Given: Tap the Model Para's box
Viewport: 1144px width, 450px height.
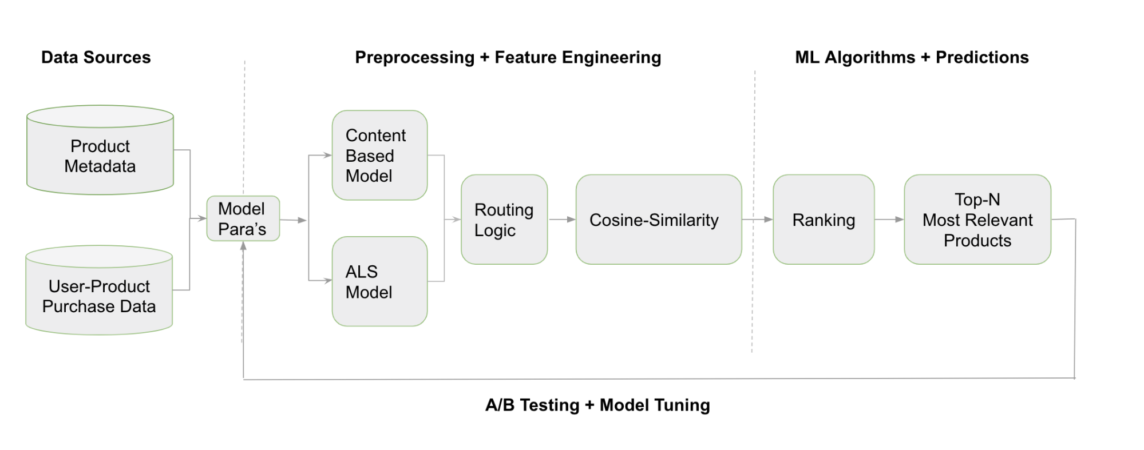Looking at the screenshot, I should click(243, 218).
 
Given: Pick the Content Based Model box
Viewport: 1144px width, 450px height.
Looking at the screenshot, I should click(379, 155).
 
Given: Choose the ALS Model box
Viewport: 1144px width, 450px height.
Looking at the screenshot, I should click(379, 281).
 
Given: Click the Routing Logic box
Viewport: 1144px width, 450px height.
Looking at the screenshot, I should click(504, 220).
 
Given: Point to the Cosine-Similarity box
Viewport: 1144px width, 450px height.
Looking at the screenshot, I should click(658, 220).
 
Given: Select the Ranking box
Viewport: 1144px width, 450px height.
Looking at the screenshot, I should click(824, 220).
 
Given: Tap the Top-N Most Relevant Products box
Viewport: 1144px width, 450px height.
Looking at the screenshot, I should click(977, 220).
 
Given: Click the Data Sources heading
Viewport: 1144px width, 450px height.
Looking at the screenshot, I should click(96, 57).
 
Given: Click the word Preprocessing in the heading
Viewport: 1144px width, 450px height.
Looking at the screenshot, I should click(415, 57).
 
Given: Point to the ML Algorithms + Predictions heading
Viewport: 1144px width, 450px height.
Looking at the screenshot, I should click(912, 57).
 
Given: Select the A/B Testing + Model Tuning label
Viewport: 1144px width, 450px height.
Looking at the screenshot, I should click(597, 405).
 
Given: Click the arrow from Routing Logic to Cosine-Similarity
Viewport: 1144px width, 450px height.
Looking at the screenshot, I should click(562, 220).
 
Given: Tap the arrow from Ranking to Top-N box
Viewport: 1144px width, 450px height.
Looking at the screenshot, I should click(889, 220).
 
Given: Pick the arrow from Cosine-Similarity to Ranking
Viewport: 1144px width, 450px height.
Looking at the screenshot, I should click(757, 220).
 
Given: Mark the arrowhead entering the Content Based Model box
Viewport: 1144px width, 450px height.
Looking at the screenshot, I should click(327, 155).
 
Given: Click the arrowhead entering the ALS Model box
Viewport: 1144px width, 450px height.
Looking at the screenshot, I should click(327, 281).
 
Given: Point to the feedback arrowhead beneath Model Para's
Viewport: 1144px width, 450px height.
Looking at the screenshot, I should click(243, 246).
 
